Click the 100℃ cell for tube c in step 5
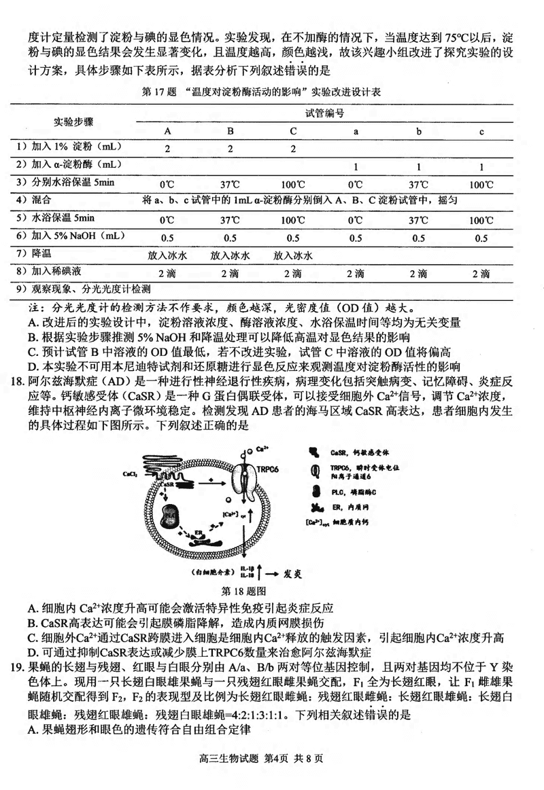point(481,220)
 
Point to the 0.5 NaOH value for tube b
point(418,238)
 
